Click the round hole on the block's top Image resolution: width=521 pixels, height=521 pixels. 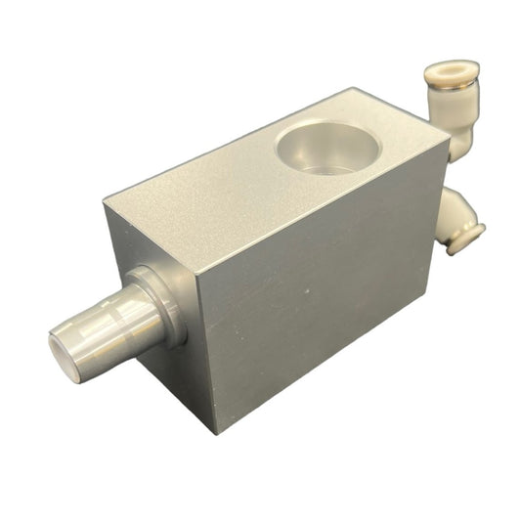[327, 147]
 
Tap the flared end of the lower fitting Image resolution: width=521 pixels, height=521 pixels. [467, 238]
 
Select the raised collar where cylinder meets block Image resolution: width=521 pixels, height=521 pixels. [161, 303]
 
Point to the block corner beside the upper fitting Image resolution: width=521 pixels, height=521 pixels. [449, 138]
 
